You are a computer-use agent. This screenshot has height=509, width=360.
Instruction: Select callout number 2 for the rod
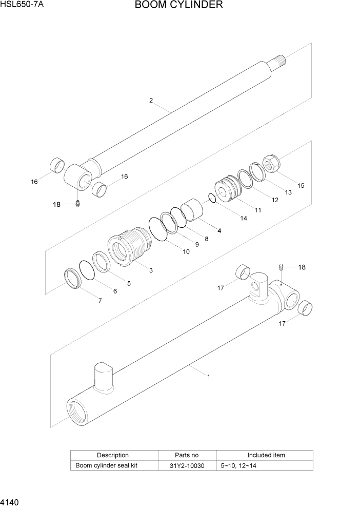click(151, 101)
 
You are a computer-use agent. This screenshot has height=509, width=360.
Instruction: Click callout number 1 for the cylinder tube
click(208, 377)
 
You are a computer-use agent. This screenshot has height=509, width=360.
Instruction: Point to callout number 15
click(301, 185)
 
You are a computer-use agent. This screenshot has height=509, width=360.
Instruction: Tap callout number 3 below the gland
click(151, 270)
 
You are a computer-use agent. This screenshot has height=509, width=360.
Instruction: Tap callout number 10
click(186, 252)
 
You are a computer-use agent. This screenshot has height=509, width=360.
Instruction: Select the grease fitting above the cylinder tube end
click(281, 267)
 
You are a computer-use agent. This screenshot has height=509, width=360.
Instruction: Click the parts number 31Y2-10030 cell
click(187, 465)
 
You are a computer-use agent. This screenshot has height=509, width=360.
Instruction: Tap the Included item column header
click(266, 455)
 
